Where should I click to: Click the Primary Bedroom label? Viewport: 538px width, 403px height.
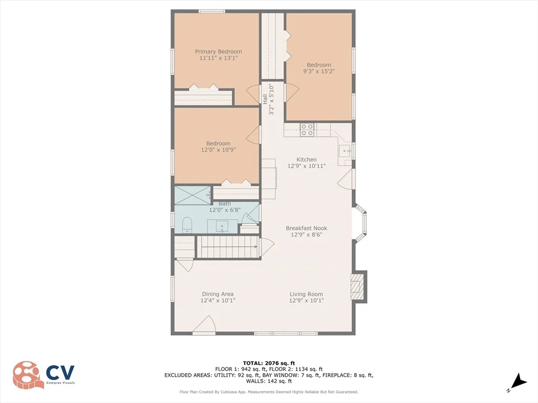click(x=218, y=52)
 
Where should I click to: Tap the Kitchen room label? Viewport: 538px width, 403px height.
click(x=306, y=160)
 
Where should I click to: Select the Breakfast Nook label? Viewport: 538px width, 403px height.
click(x=306, y=228)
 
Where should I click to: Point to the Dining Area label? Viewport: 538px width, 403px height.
click(x=218, y=294)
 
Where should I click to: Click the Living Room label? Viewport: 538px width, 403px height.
click(x=306, y=294)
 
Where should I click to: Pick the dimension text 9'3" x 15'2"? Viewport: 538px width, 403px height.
click(x=319, y=71)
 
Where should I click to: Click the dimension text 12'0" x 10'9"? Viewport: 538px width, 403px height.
click(x=218, y=150)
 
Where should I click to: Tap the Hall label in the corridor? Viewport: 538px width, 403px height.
click(x=265, y=99)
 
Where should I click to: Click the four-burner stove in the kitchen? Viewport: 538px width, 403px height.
click(x=307, y=130)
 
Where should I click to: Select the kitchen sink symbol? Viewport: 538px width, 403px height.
click(x=345, y=151)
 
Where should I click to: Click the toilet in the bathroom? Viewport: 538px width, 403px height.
click(x=187, y=225)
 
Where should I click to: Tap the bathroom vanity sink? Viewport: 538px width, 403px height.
click(x=222, y=227)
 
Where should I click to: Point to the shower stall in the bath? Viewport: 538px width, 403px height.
click(x=192, y=196)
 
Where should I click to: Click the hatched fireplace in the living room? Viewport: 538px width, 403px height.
click(x=357, y=287)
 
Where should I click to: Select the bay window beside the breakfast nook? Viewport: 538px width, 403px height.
click(x=360, y=222)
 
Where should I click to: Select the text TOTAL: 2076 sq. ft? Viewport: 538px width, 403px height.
click(x=268, y=363)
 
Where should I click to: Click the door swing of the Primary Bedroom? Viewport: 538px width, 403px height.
click(x=253, y=93)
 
